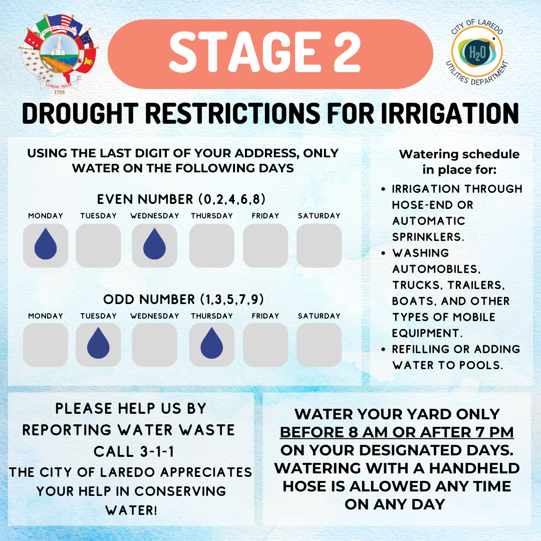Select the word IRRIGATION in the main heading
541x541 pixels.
449,113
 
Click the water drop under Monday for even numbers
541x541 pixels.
46,243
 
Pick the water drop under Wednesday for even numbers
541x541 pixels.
155,243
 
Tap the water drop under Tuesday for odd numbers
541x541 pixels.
98,343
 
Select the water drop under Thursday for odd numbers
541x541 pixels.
212,343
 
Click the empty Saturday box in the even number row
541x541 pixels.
319,245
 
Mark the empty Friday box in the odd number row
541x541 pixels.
265,345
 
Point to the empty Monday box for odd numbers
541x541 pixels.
46,345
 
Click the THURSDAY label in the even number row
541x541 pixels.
212,216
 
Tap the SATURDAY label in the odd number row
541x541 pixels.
319,316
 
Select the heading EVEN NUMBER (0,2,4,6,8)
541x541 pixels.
181,199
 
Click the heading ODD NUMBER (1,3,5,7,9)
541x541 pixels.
183,299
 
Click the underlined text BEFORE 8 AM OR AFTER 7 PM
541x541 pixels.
397,432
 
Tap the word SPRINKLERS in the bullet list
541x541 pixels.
428,237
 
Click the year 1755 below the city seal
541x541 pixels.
59,93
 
